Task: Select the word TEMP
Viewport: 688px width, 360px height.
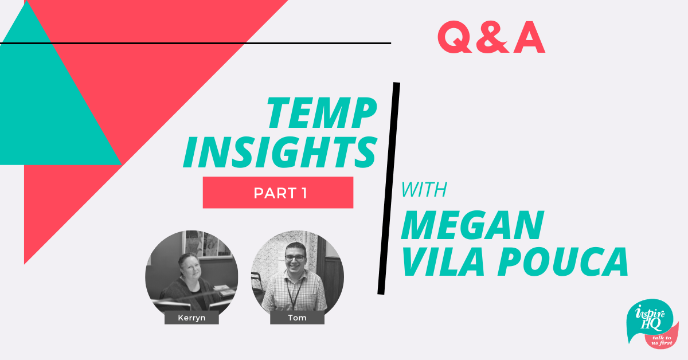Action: click(x=322, y=112)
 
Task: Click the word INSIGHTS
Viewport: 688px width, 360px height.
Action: click(x=280, y=152)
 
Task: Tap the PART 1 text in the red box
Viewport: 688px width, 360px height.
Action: click(x=280, y=193)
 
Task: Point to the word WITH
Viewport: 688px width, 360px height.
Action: click(x=424, y=190)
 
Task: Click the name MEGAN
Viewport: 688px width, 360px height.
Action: click(x=472, y=225)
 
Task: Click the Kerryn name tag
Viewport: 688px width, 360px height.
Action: click(x=191, y=318)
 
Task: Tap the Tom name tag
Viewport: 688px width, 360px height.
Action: click(x=297, y=318)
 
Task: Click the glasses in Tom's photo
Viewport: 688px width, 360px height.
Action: click(x=295, y=258)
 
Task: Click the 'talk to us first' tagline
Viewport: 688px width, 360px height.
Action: click(x=662, y=341)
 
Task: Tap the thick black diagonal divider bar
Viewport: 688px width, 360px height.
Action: click(x=389, y=188)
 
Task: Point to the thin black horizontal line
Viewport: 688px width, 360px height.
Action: click(x=196, y=44)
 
